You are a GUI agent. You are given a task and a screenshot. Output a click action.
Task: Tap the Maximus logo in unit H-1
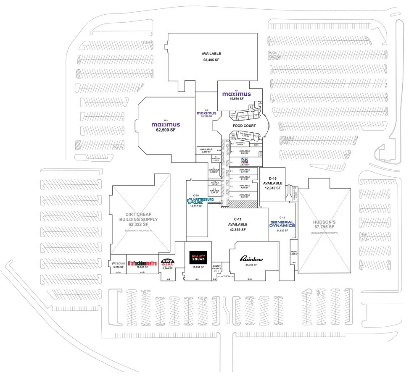point(237,94)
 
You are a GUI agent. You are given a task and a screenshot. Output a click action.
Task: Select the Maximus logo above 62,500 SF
point(166,125)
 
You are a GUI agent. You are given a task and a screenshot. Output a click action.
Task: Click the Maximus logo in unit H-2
point(206,113)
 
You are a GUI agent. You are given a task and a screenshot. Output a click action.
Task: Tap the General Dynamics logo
point(283,224)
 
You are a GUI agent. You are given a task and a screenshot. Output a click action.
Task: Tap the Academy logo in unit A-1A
point(118,263)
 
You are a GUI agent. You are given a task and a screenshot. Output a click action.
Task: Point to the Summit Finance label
point(216,267)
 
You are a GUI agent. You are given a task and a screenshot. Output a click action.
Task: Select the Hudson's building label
point(326,224)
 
